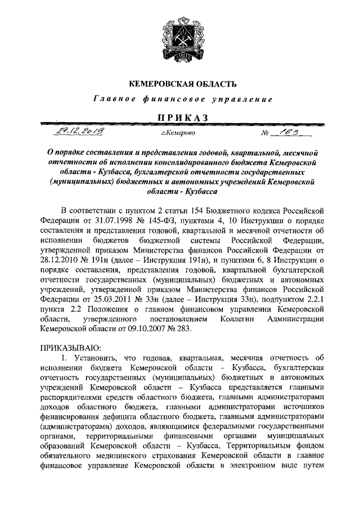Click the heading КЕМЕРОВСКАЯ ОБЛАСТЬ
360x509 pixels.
180,84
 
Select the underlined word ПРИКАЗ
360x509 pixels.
180,117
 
